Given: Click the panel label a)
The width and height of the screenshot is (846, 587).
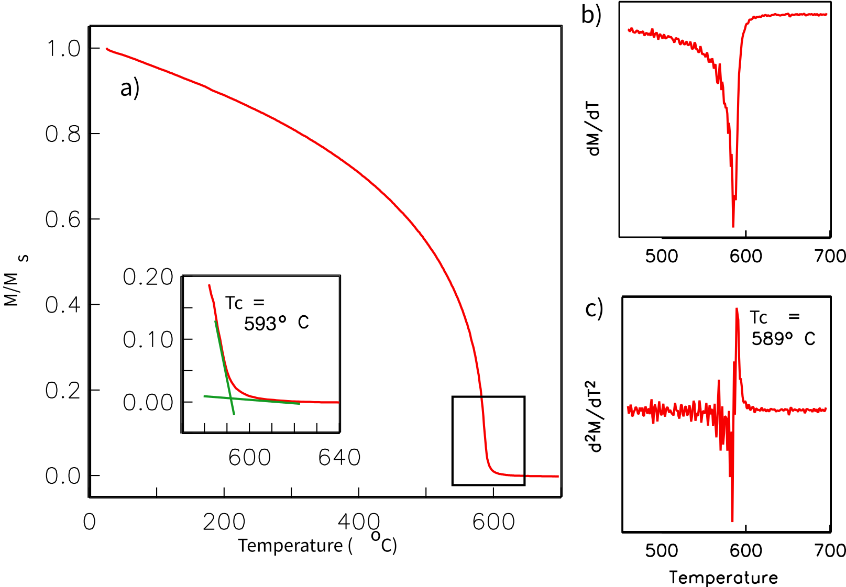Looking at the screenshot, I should click(x=129, y=87).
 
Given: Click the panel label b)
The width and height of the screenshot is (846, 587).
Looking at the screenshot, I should click(x=591, y=15).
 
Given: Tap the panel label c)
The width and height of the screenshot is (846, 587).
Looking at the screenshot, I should click(x=594, y=309).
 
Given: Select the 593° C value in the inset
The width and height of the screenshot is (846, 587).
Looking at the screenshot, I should click(x=276, y=323).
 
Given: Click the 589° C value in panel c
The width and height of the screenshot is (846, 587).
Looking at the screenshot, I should click(x=783, y=339).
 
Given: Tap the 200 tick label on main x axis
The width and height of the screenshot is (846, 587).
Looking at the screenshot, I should click(x=224, y=522).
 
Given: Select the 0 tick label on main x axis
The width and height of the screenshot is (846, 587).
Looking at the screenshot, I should click(x=90, y=522).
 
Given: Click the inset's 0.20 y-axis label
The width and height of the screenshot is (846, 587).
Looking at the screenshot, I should click(x=148, y=277).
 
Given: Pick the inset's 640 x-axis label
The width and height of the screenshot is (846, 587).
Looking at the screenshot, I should click(x=339, y=458).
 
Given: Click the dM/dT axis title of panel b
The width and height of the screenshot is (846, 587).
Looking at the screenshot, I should click(x=594, y=129).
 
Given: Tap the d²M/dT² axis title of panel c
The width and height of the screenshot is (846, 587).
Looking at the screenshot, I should click(x=594, y=416).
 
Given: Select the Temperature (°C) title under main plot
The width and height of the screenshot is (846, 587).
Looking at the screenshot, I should click(x=317, y=545).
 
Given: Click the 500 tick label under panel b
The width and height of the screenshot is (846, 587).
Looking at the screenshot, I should click(x=662, y=256).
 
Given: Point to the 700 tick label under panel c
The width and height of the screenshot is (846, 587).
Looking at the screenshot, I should click(x=830, y=550).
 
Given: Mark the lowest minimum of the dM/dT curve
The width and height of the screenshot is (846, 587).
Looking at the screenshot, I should click(x=733, y=226).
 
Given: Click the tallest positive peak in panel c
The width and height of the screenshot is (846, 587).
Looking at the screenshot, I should click(x=737, y=309).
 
